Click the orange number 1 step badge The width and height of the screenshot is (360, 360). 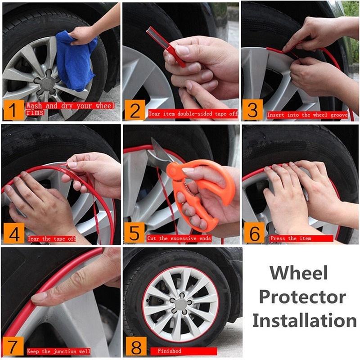tap(13, 110)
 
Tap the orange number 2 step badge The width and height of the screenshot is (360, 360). tap(134, 111)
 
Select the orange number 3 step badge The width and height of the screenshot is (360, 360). tap(252, 110)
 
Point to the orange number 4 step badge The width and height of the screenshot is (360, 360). tap(13, 233)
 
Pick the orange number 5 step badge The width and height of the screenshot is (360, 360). tap(134, 233)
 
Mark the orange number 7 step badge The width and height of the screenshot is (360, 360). tap(13, 347)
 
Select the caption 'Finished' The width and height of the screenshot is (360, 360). tap(169, 351)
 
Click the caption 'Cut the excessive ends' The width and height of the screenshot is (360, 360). tap(179, 238)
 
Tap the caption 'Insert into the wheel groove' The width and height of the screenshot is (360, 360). tap(307, 115)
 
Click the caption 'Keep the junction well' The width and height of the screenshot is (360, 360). tap(59, 351)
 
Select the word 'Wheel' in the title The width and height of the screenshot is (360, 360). tap(298, 273)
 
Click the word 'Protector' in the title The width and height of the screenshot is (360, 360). tap(302, 297)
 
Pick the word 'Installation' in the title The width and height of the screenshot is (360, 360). tap(304, 320)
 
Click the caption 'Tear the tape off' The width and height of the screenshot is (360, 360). tap(52, 238)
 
